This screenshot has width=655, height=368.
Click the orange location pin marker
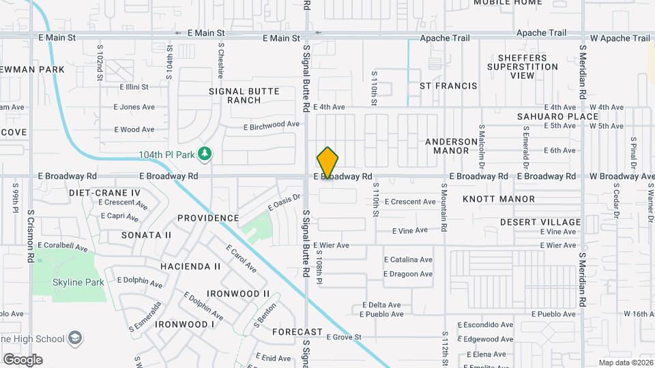tap(328, 163)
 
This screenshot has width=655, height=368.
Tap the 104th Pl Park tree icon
tap(204, 154)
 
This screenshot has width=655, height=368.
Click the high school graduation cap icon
tap(75, 339)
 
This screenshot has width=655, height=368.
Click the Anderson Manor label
tap(452, 147)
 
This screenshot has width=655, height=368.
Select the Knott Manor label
tap(499, 199)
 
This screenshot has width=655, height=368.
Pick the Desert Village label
tap(540, 222)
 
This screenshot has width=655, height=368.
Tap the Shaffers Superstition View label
tap(523, 67)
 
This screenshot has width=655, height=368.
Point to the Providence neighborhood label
tap(208, 218)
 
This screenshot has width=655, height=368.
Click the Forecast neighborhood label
tap(297, 332)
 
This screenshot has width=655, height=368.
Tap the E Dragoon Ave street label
tap(408, 274)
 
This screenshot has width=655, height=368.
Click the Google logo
tap(23, 359)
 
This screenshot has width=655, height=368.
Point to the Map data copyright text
tap(625, 363)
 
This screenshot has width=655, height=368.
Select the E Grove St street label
tap(343, 337)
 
